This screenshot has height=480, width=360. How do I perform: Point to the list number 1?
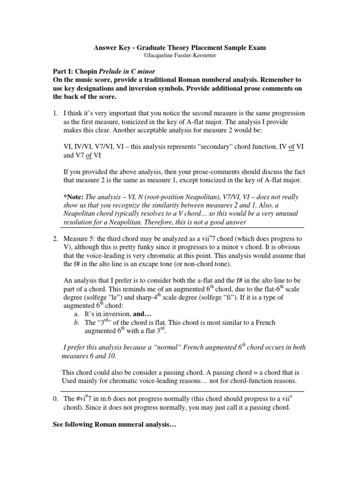pos(55,113)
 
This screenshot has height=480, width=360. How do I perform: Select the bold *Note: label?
pos(75,197)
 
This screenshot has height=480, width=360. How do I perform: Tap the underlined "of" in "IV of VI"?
pos(292,147)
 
